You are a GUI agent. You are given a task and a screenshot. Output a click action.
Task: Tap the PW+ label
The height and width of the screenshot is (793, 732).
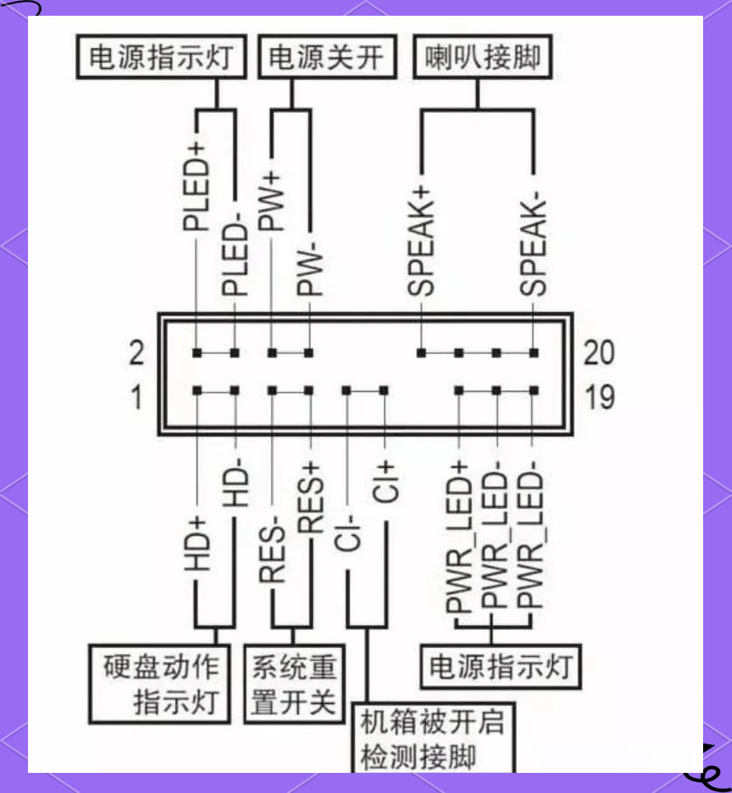pos(272,199)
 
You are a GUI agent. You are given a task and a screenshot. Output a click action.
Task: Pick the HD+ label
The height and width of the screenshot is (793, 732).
pos(197,544)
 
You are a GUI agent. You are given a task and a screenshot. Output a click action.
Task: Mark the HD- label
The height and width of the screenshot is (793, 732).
pos(234,481)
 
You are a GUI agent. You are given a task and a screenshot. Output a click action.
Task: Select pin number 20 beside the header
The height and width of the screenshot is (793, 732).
pos(599,352)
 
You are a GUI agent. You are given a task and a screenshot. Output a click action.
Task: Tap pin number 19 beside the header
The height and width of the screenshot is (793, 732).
pos(599,398)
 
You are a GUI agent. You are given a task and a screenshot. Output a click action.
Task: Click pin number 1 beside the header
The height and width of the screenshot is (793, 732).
pos(136,398)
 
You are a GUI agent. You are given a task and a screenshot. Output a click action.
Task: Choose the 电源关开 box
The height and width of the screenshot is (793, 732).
pos(325,59)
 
